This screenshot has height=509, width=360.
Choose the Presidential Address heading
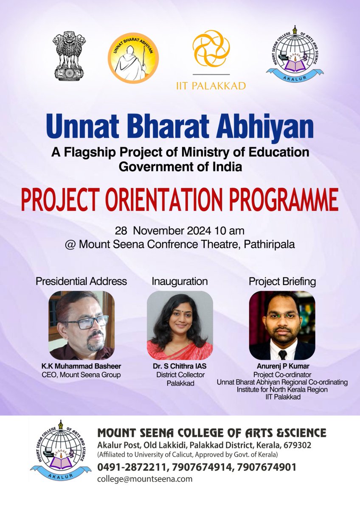[x=81, y=281]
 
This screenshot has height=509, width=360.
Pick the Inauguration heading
[x=180, y=281]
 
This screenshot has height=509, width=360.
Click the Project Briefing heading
[x=282, y=281]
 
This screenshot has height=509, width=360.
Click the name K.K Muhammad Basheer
[x=81, y=367]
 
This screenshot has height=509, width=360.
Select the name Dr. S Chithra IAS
[x=180, y=367]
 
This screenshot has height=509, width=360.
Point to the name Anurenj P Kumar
[x=282, y=367]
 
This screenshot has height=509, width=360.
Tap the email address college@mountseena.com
[x=145, y=479]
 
